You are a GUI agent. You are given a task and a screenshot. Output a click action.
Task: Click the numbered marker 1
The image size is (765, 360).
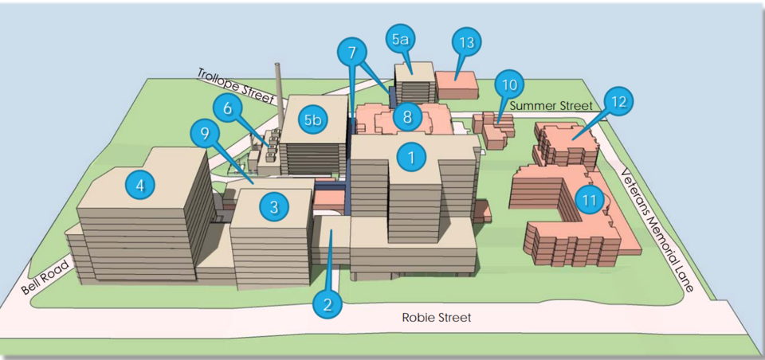pos(411,157)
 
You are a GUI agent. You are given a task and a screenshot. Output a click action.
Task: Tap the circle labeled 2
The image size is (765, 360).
pos(328,304)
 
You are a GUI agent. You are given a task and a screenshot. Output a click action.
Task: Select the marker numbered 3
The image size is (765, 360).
pos(274,206)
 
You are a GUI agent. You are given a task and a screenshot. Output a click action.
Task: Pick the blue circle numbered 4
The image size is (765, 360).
pos(140,186)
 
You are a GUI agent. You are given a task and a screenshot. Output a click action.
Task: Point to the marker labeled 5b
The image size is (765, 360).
pos(313,120)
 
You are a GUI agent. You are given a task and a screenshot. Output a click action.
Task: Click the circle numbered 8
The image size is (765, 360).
pos(408,117)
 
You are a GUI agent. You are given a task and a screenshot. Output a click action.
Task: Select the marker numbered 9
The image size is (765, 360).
pos(206,133)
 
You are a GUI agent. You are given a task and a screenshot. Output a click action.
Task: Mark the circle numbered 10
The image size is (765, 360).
pos(509,85)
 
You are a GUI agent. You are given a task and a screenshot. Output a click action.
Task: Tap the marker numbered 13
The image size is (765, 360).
pos(467,42)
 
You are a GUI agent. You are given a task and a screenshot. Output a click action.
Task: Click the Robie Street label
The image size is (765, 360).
pos(437,318)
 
